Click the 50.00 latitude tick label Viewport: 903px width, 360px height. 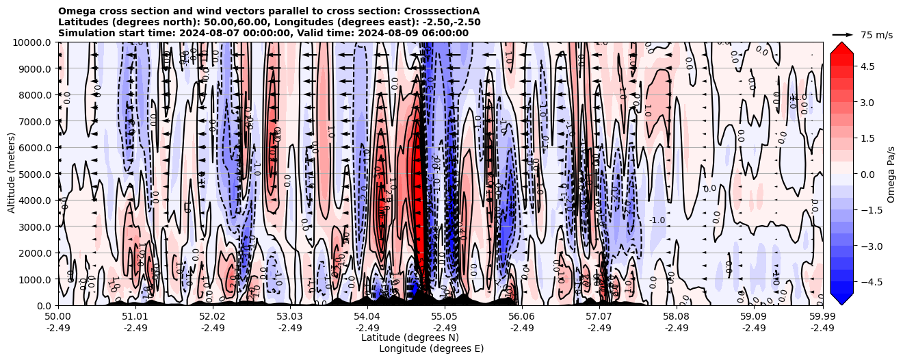click(x=58, y=316)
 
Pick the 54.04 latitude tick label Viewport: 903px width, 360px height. click(x=367, y=316)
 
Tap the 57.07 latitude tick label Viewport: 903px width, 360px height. click(x=599, y=316)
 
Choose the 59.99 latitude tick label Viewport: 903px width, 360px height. click(x=822, y=316)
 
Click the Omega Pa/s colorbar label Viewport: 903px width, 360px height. click(x=891, y=174)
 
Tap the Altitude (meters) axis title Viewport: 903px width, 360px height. click(x=12, y=174)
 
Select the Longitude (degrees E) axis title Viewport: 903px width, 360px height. click(x=431, y=348)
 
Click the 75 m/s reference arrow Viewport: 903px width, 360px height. click(x=842, y=34)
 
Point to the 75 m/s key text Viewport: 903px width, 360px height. click(x=876, y=35)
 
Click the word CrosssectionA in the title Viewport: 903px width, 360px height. click(x=442, y=11)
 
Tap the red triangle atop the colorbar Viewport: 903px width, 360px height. click(x=841, y=47)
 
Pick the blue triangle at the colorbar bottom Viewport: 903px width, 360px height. click(x=841, y=299)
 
